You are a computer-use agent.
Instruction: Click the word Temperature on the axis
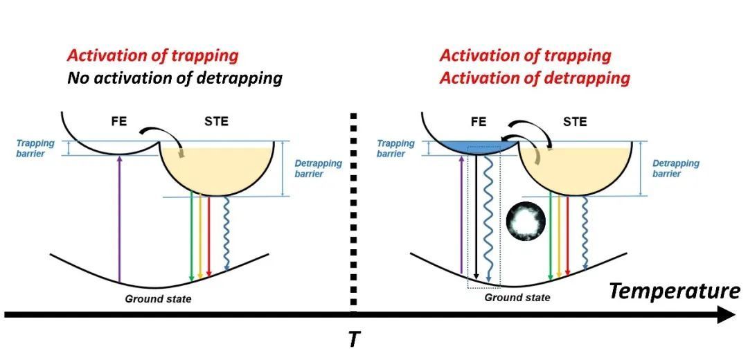(x=674, y=291)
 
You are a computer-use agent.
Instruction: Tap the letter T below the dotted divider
(x=354, y=340)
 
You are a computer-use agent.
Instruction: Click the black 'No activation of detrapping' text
(x=175, y=78)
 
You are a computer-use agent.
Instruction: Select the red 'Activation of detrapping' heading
(x=535, y=78)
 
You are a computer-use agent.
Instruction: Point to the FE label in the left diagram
(x=118, y=123)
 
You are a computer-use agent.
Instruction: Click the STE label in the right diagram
(x=575, y=123)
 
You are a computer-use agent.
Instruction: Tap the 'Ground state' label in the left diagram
(x=158, y=298)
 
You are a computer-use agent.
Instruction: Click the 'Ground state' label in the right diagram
(x=517, y=297)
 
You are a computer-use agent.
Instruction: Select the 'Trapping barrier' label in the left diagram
(x=35, y=148)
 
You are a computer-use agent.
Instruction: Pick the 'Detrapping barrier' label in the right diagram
(x=676, y=168)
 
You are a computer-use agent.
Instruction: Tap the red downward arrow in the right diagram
(x=567, y=235)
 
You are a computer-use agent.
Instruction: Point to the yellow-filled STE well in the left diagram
(x=204, y=170)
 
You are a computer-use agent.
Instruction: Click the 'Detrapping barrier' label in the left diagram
(x=319, y=168)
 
